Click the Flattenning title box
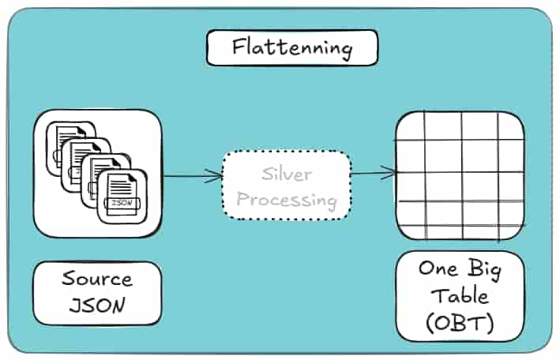point(291,48)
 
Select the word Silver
point(286,173)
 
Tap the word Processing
point(286,199)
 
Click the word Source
point(97,279)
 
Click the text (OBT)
point(459,324)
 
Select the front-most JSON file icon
point(120,197)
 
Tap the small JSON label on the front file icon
point(121,204)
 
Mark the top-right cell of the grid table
point(510,127)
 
